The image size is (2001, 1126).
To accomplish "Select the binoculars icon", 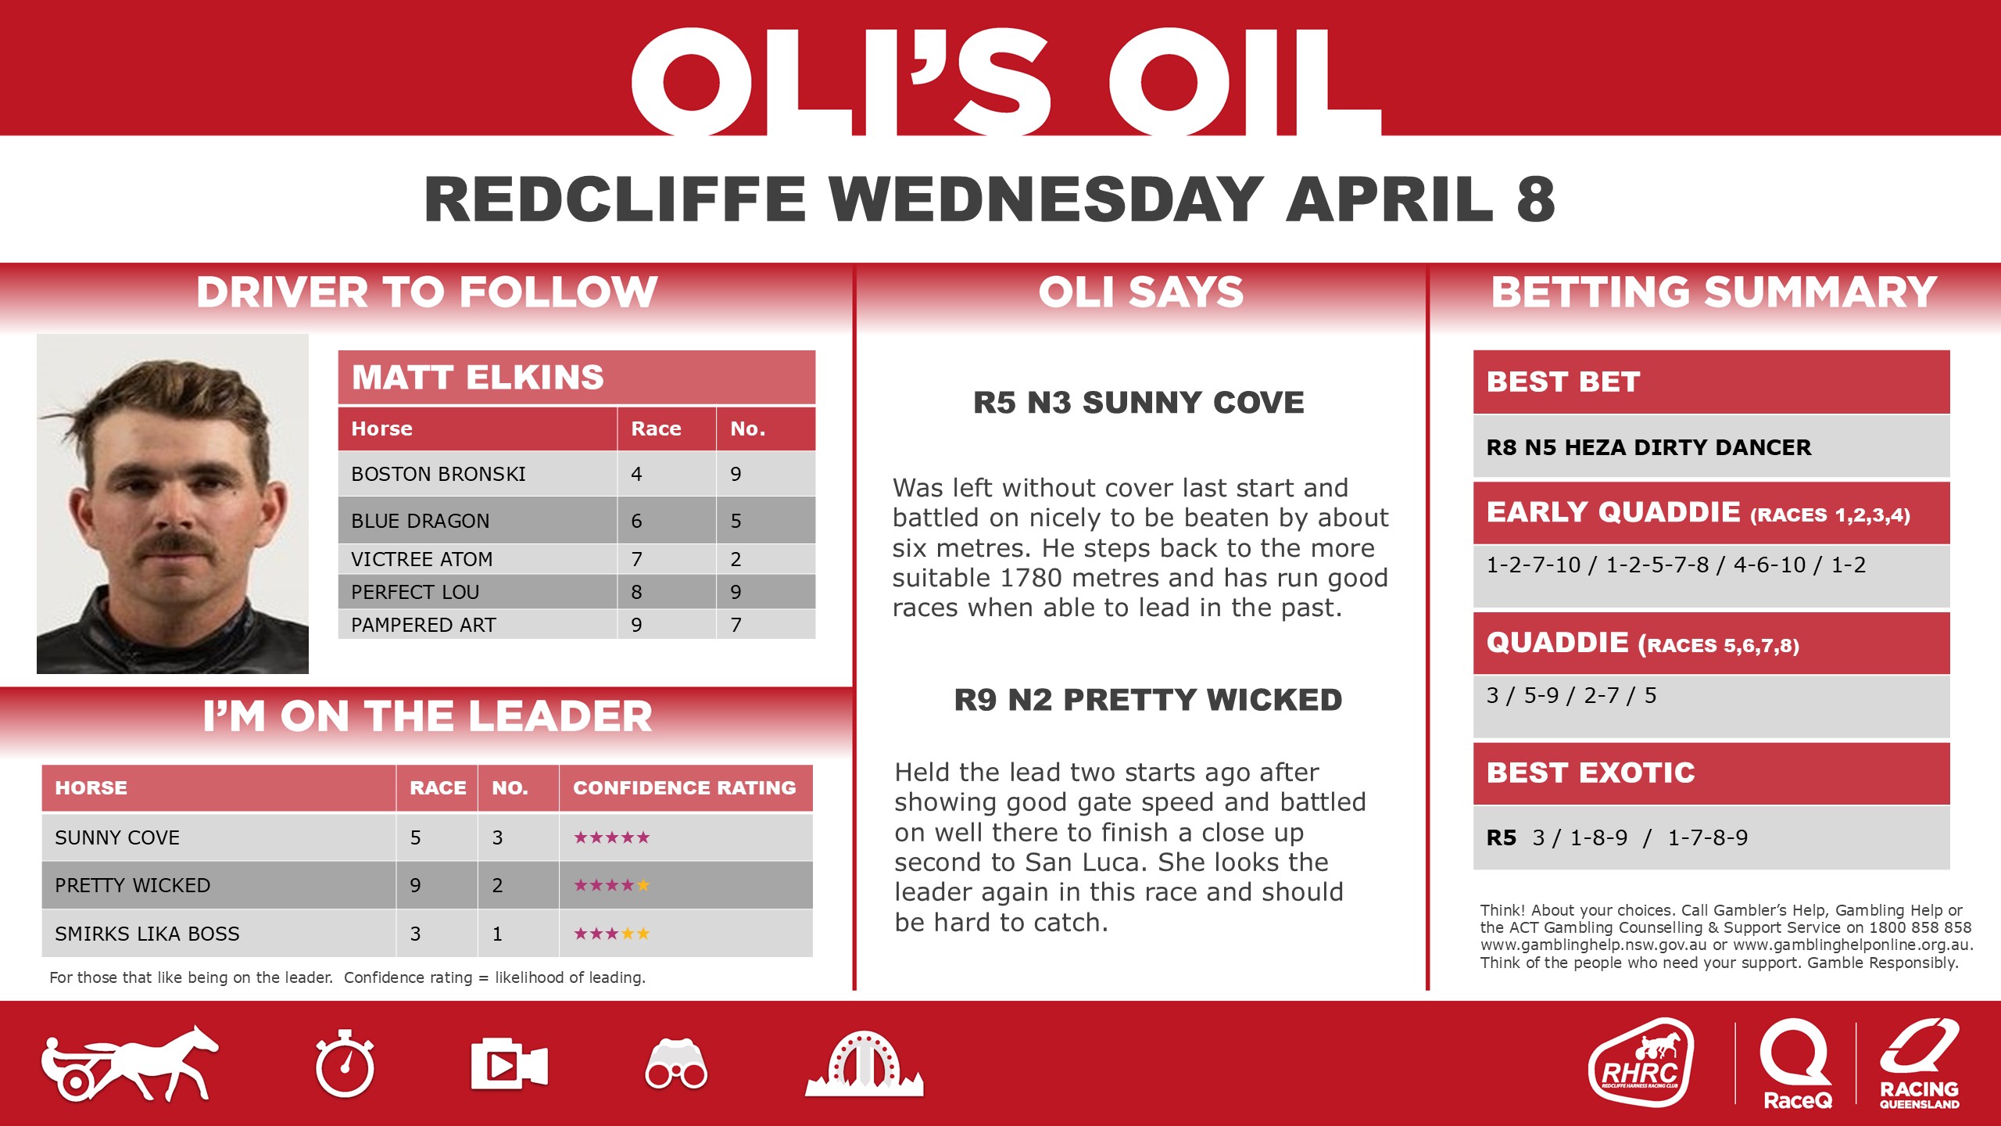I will click(676, 1065).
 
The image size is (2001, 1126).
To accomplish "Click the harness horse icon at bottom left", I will click(130, 1064).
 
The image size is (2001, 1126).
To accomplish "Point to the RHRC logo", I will click(1641, 1063).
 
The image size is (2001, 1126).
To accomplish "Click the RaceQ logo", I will click(1796, 1063).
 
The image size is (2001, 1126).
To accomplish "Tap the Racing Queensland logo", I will click(1919, 1063).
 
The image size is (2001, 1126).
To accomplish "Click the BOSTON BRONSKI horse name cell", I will click(439, 474).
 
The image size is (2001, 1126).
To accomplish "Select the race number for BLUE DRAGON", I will click(636, 521).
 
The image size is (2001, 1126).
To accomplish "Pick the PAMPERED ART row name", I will click(424, 625).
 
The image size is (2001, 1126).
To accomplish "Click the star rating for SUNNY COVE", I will click(611, 837).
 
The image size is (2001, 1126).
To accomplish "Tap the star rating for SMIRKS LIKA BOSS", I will click(611, 934).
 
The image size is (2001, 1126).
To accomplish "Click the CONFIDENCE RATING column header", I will click(684, 787).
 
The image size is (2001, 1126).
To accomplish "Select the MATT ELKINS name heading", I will click(478, 378).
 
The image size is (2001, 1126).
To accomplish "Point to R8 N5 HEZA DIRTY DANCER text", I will click(1648, 447).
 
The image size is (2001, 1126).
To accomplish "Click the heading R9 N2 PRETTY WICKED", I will click(1147, 700).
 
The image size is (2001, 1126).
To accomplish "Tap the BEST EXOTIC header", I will click(1591, 773).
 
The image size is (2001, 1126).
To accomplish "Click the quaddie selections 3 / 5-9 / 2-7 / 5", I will click(1571, 695).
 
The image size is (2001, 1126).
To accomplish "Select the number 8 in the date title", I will click(1535, 199).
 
